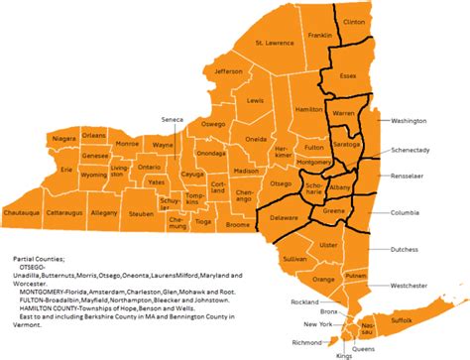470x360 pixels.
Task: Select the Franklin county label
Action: click(319, 36)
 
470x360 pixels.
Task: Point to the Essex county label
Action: click(348, 75)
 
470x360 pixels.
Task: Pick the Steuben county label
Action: click(141, 213)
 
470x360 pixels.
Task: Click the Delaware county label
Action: click(285, 217)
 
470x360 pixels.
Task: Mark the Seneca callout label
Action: click(172, 120)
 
